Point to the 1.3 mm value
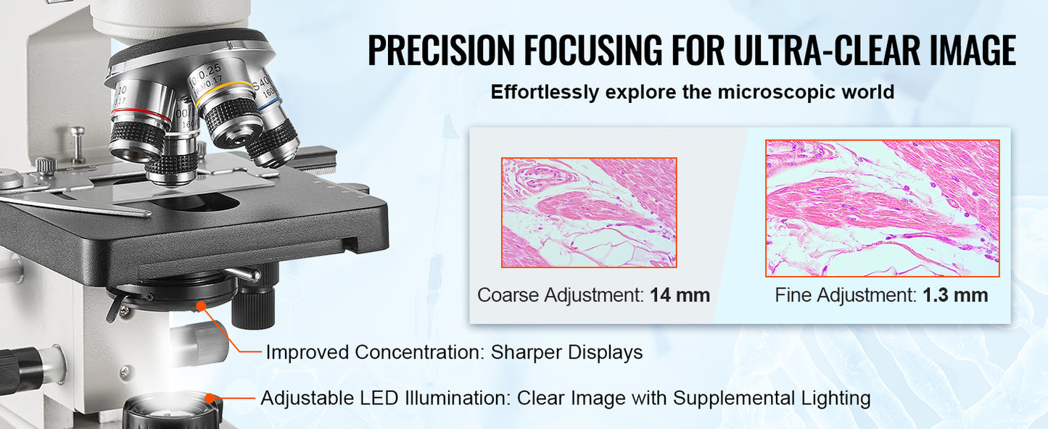tap(955, 295)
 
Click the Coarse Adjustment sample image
tap(589, 212)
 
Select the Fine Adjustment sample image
tap(882, 208)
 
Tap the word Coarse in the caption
tap(508, 295)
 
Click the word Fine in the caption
tap(793, 295)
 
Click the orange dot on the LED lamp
tap(211, 397)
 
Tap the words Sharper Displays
tap(566, 353)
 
